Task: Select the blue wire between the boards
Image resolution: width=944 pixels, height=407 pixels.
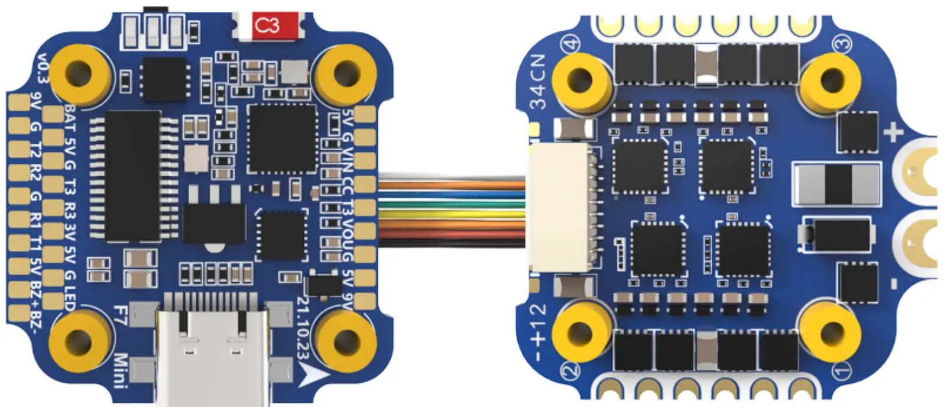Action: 452,192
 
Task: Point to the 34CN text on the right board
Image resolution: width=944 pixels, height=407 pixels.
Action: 539,83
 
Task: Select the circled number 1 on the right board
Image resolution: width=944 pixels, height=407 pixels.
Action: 842,370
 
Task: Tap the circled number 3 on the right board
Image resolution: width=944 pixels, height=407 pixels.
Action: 842,43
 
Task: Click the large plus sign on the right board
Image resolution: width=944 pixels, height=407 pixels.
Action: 893,132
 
